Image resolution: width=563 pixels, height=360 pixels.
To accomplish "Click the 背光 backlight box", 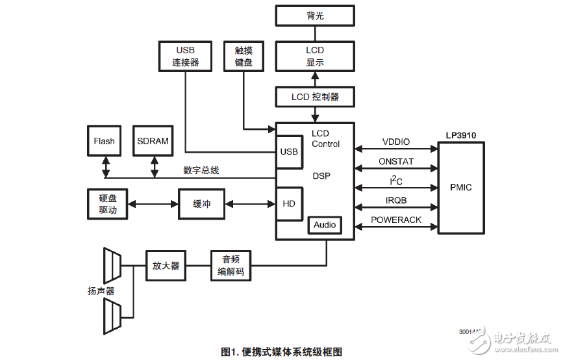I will click(x=315, y=16).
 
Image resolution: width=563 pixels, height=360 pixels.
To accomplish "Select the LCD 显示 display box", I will click(x=315, y=57).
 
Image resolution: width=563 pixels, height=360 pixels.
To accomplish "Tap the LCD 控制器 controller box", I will click(x=315, y=97).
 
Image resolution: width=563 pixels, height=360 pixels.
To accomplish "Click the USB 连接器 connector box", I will click(x=185, y=57).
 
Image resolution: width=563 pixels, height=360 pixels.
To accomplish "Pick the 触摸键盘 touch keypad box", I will click(x=243, y=57).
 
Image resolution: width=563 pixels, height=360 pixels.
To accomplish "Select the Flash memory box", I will click(x=104, y=141).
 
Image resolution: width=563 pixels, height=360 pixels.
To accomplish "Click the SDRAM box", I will click(x=154, y=141).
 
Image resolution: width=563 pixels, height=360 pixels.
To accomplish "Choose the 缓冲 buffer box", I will click(x=202, y=204).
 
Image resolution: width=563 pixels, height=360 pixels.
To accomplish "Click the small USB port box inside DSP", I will click(x=289, y=152).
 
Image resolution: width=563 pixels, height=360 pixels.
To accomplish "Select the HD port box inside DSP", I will click(x=289, y=204).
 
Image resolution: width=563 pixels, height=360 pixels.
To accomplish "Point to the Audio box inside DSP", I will click(x=325, y=225).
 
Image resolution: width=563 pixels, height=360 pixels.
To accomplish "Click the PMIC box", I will click(x=460, y=188).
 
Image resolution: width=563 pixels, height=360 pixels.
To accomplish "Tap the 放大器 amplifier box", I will click(x=166, y=266).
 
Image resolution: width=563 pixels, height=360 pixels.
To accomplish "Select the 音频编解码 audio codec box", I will click(x=231, y=266).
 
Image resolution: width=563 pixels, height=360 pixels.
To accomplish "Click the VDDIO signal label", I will click(x=396, y=142).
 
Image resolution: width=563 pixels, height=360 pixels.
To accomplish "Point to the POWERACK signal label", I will click(x=396, y=220).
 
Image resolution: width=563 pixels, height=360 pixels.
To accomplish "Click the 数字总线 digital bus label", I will click(x=201, y=170).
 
